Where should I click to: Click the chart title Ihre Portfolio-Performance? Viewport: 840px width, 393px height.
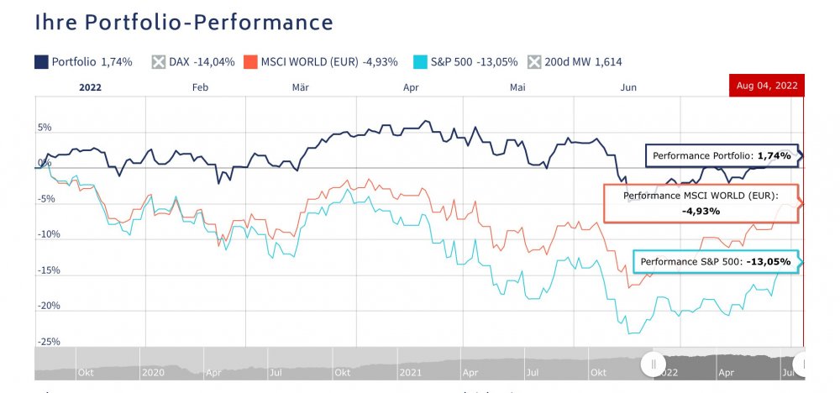click(184, 23)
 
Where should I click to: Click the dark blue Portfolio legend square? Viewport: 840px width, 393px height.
click(40, 61)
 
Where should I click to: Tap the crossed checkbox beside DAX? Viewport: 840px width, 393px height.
click(159, 61)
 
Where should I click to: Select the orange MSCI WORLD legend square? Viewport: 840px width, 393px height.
click(249, 61)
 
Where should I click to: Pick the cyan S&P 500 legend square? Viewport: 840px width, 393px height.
click(421, 61)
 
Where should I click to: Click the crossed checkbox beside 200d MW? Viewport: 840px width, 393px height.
click(534, 61)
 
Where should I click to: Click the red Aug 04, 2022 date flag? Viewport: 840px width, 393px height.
click(767, 86)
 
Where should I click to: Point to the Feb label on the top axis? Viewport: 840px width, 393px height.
click(199, 86)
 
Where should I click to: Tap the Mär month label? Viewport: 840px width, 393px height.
click(301, 86)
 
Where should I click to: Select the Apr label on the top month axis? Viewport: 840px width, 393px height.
click(411, 86)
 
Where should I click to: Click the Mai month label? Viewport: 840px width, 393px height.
click(517, 86)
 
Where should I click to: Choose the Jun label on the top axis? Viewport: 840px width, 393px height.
click(627, 86)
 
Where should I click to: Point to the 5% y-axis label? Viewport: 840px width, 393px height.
click(44, 128)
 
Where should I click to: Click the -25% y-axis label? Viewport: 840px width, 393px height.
click(47, 342)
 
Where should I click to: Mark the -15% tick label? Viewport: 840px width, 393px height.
click(47, 270)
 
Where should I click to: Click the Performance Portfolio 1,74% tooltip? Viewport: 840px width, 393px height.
click(721, 156)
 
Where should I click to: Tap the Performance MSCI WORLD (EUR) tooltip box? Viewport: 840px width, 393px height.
click(701, 203)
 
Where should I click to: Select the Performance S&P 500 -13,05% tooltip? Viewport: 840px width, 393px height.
click(715, 262)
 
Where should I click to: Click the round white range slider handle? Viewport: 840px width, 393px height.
click(652, 364)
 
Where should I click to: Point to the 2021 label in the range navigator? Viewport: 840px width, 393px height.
click(409, 370)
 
